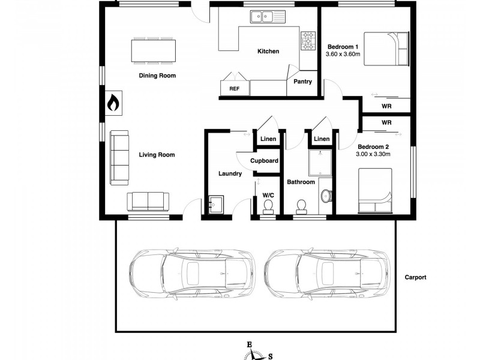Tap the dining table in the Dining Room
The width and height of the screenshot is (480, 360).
pos(154,50)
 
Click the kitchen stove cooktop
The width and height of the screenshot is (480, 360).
pos(308,40)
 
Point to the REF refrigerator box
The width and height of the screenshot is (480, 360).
pos(234,88)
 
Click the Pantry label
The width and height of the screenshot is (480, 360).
pos(302,82)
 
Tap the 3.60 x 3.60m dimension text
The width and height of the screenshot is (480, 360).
pos(343,55)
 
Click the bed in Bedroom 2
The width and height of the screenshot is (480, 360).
pos(375,190)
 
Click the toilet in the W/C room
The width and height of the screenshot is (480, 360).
pos(268,206)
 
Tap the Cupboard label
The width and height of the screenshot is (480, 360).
pos(264,161)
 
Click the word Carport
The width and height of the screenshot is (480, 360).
pos(415,277)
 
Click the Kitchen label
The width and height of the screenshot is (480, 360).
pos(268,52)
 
